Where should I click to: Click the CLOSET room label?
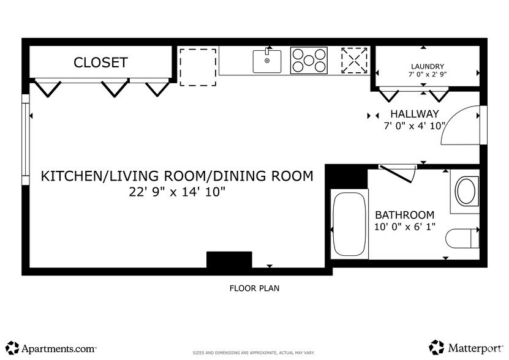(x=100, y=62)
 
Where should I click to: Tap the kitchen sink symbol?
(x=267, y=61)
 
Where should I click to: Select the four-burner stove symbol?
(x=309, y=61)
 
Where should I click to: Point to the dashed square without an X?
(x=197, y=67)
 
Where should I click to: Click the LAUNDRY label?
(x=427, y=66)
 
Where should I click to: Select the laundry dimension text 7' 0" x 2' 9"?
(x=427, y=75)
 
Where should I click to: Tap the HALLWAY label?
(x=415, y=114)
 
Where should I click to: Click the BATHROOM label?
(x=404, y=215)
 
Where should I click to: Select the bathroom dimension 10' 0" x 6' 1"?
(x=404, y=227)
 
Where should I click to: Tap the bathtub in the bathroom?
(x=350, y=223)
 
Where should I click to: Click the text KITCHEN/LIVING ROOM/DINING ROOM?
(x=176, y=176)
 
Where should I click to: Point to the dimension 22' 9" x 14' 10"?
(x=177, y=192)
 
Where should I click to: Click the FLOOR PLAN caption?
(x=254, y=288)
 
